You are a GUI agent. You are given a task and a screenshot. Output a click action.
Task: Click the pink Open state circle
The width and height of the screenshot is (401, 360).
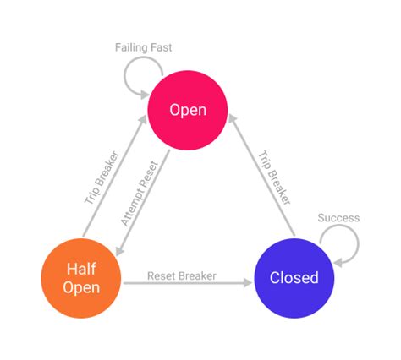(188, 111)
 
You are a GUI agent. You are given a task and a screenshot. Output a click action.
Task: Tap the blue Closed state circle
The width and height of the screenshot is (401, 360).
(294, 277)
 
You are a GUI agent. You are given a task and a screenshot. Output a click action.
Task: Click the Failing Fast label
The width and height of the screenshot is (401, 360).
(143, 47)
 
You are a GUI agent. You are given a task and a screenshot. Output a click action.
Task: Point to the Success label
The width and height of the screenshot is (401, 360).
(338, 218)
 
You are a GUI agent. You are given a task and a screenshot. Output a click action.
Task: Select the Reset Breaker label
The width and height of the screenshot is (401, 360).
(181, 275)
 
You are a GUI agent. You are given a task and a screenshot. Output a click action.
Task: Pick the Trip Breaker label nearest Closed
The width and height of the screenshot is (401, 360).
(275, 178)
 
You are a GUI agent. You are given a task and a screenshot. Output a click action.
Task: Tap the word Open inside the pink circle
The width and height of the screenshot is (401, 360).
(188, 111)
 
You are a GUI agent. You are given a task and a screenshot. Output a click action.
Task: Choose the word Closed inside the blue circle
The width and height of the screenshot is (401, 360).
(294, 277)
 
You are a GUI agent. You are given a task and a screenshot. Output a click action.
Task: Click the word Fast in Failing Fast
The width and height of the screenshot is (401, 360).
(160, 47)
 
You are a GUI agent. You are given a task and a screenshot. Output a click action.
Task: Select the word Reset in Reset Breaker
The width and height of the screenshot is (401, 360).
(162, 275)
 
